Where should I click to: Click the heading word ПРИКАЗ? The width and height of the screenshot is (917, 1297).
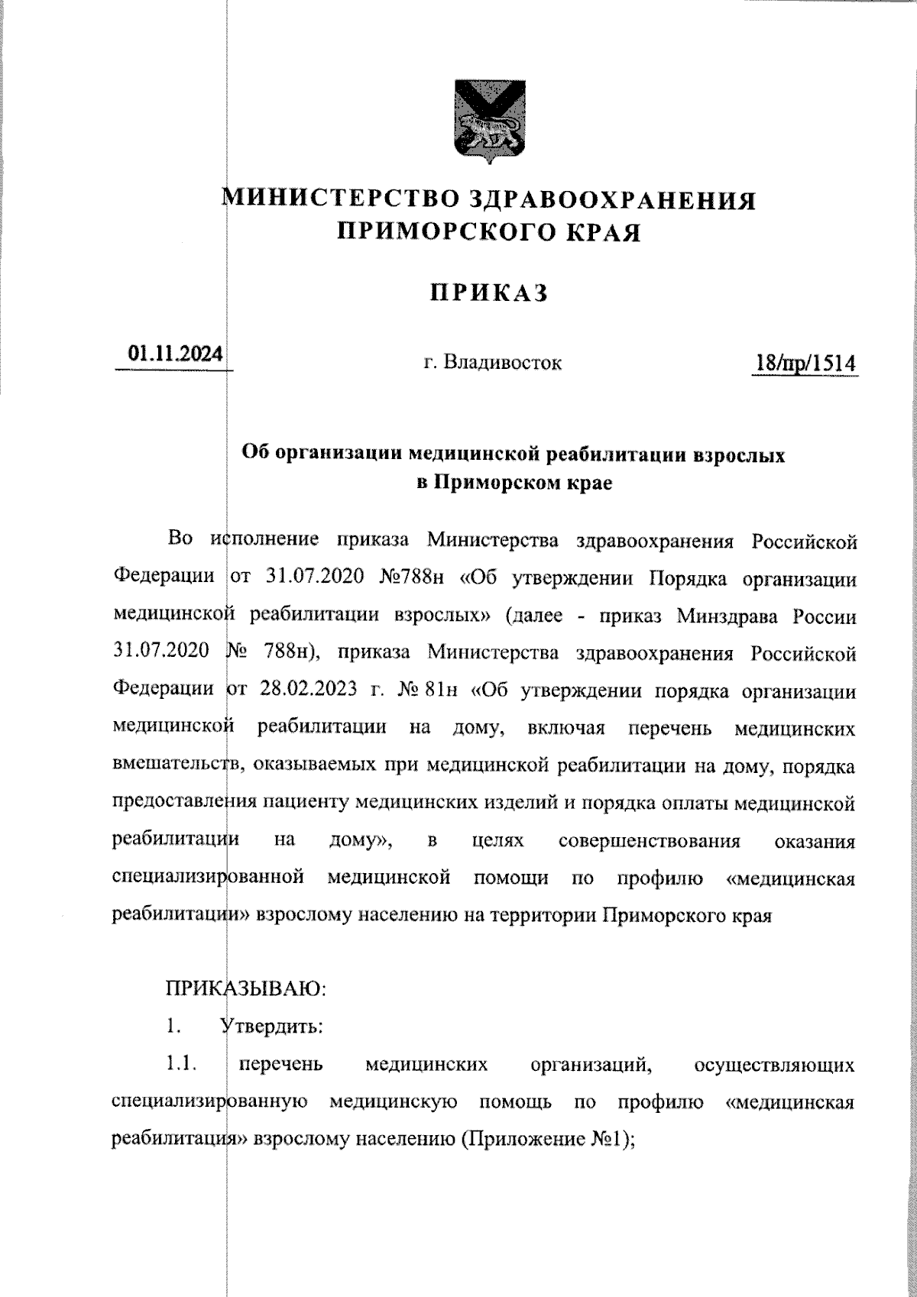(x=489, y=293)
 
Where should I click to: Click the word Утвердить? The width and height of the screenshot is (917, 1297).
(x=271, y=1027)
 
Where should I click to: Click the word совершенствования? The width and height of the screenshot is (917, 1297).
(x=650, y=841)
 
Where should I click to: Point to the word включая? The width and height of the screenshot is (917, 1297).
(x=566, y=729)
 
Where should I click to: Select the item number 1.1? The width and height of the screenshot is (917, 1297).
(x=180, y=1064)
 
